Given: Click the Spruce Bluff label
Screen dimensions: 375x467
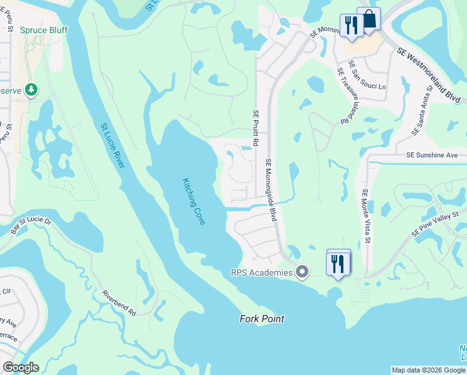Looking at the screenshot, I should pyautogui.click(x=44, y=30).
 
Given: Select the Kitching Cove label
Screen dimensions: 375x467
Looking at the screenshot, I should pyautogui.click(x=194, y=202).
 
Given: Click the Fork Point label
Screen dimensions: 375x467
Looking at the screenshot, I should pyautogui.click(x=262, y=319).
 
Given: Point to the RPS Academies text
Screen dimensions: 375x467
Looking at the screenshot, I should pyautogui.click(x=262, y=272).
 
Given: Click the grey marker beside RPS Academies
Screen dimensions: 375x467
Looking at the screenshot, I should pyautogui.click(x=303, y=272).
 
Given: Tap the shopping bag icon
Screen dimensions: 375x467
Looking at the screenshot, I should pyautogui.click(x=368, y=20).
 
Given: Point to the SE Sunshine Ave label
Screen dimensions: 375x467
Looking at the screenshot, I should pyautogui.click(x=431, y=155).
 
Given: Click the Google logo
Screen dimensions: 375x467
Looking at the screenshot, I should pyautogui.click(x=21, y=367).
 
